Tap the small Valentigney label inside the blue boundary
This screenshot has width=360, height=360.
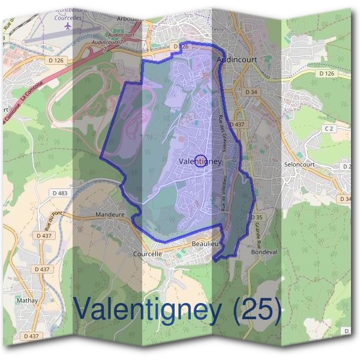click(x=200, y=161)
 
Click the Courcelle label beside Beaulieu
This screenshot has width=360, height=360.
click(x=147, y=254)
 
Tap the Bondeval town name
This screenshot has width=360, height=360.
click(x=263, y=252)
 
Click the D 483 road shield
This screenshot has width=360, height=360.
click(x=59, y=193)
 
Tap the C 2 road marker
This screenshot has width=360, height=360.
click(x=328, y=129)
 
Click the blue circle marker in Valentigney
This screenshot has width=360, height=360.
click(x=202, y=161)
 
